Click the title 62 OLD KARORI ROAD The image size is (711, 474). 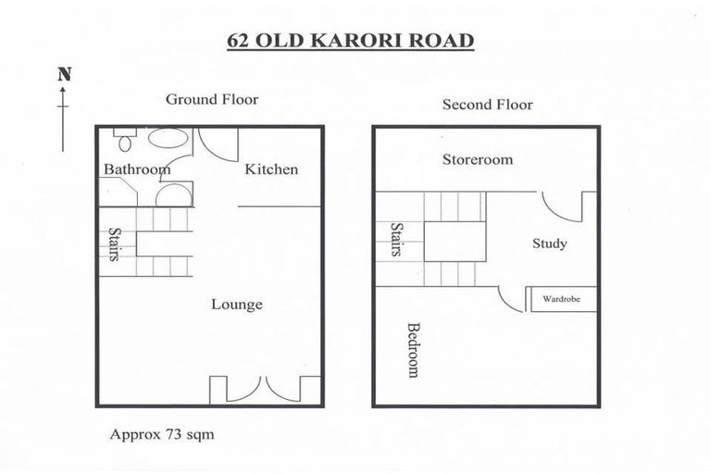click(351, 42)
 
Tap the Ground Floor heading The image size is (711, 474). click(211, 99)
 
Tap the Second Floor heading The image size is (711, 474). click(487, 105)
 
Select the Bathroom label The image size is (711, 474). click(136, 169)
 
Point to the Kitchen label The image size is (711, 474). click(271, 169)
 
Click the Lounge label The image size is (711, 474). click(236, 305)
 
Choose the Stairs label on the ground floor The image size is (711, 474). click(115, 244)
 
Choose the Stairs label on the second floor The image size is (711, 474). click(396, 239)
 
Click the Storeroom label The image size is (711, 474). click(477, 159)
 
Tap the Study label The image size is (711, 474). click(549, 244)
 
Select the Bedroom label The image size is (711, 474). click(413, 350)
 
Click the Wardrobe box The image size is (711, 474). click(562, 299)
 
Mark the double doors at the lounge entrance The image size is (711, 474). click(265, 389)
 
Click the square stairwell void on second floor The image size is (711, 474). click(455, 240)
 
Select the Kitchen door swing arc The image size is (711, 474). click(225, 144)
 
